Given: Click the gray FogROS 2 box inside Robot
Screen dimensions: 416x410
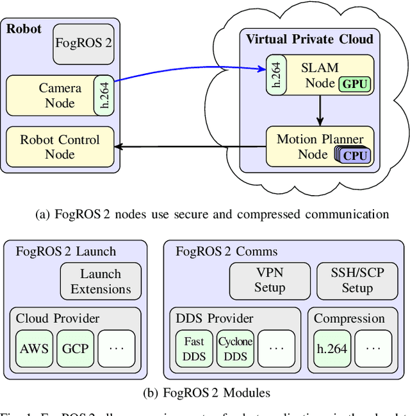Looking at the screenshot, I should (83, 44).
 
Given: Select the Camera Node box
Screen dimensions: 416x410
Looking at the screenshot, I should (52, 95).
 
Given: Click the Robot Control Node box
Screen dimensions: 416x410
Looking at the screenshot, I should (60, 147).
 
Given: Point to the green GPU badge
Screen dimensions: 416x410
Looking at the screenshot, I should (355, 84).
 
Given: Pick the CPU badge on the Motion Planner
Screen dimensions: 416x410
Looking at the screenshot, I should (355, 155).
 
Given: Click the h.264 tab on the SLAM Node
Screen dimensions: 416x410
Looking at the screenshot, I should (276, 76).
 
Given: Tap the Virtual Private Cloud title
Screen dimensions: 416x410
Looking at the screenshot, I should (309, 40).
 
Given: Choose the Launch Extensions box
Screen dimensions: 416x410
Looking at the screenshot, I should (101, 282).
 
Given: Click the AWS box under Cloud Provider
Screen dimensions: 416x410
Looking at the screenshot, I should (34, 349).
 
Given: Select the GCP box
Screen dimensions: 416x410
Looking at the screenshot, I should (75, 349).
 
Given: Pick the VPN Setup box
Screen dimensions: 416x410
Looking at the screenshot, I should (270, 280).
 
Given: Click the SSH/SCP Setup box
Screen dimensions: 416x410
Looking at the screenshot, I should (357, 280).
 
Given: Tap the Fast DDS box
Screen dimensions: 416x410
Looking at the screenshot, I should (194, 349).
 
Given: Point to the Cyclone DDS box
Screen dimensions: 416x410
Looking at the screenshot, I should (235, 349).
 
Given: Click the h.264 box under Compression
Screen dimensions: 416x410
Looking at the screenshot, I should (331, 349).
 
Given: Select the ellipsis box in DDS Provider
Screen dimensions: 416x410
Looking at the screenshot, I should (276, 349).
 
